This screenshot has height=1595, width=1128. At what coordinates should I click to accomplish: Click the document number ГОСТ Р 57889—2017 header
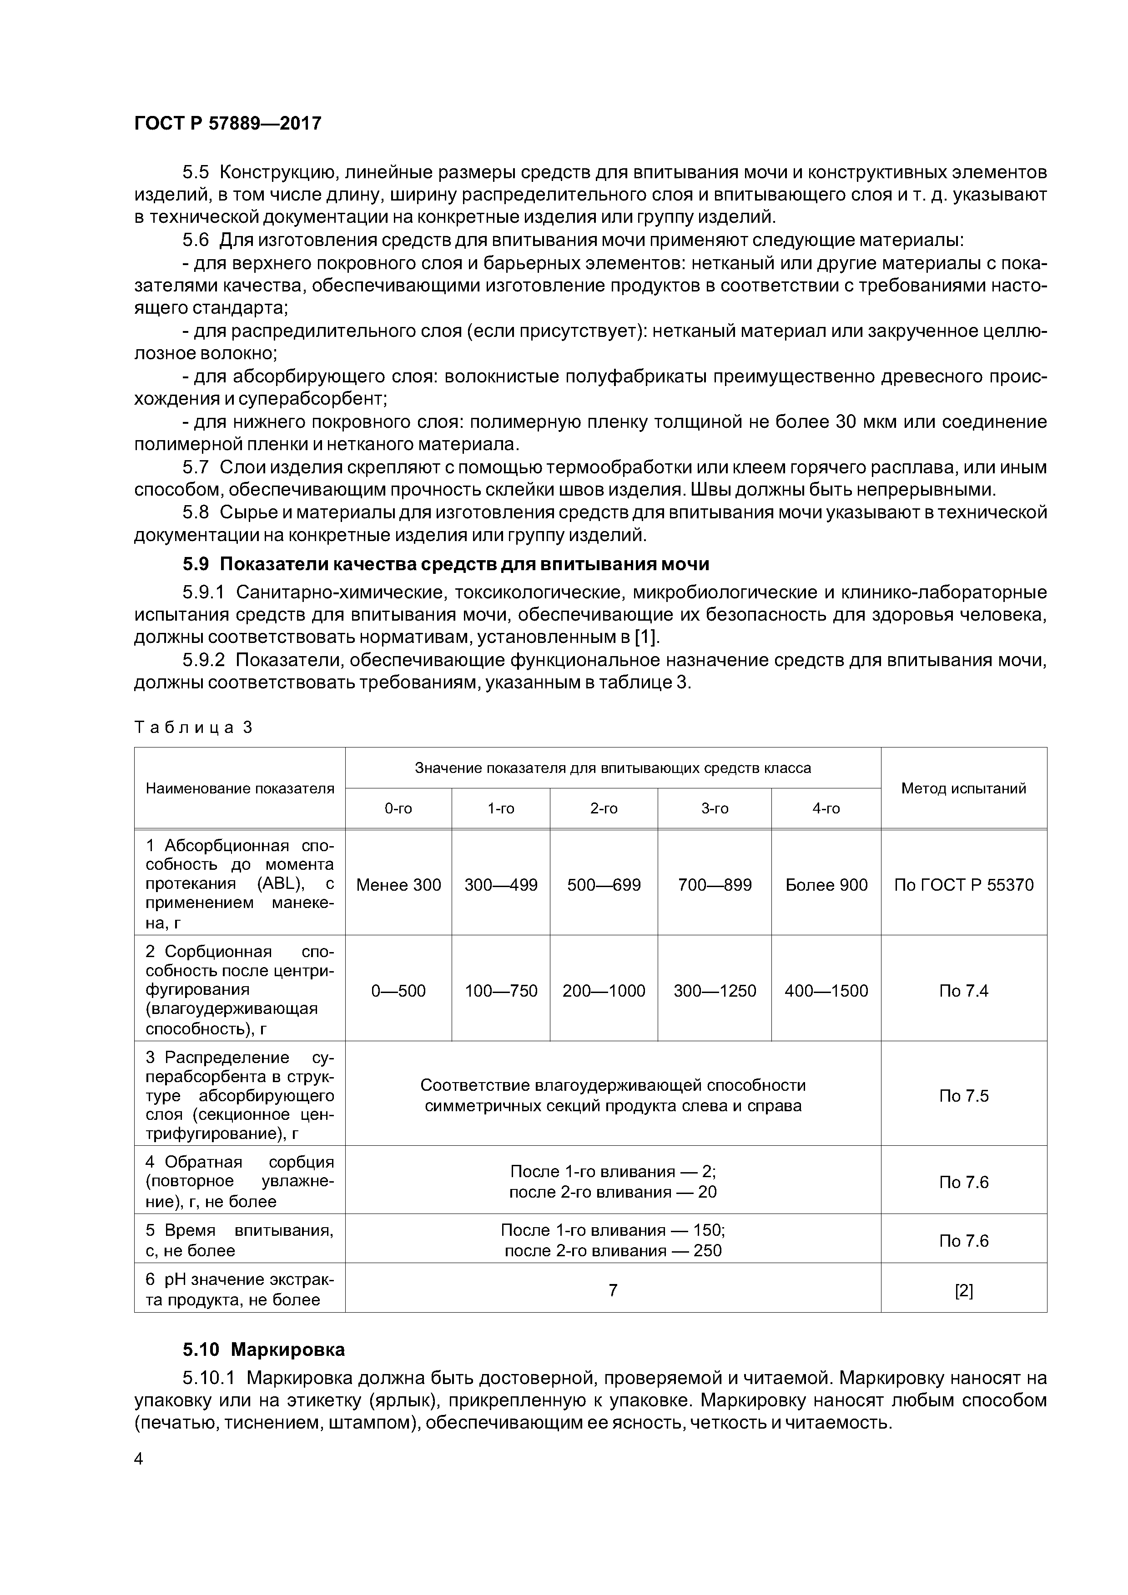coord(227,123)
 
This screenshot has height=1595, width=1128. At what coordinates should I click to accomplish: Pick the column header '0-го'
coord(398,808)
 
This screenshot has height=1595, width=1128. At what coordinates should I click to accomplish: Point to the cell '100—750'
coord(500,991)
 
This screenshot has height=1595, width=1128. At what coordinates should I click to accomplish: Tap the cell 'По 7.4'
coord(963,991)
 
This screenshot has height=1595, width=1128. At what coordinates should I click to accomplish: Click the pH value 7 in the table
coord(612,1290)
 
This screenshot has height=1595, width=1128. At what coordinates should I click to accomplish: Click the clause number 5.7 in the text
coord(196,467)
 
